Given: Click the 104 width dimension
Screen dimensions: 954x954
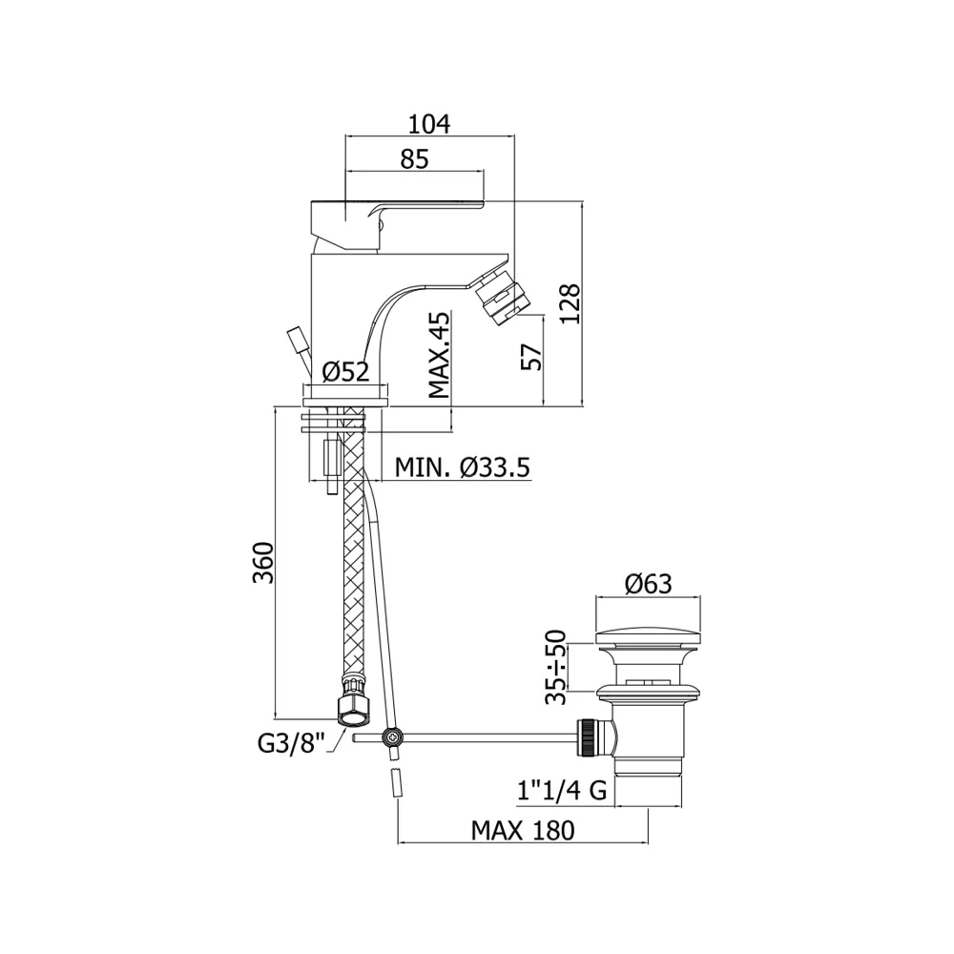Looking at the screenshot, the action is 429,124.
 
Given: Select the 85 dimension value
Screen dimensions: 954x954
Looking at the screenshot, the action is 414,159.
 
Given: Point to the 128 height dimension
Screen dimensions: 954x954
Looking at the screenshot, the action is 570,303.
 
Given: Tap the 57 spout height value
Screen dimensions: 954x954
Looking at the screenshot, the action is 531,357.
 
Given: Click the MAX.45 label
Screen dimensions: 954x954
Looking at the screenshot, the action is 439,355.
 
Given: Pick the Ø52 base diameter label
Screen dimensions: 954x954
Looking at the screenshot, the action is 345,371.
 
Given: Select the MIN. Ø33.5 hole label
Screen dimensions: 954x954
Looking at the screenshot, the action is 463,467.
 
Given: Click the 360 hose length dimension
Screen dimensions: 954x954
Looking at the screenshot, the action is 263,562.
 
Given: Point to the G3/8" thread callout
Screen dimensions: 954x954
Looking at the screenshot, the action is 292,743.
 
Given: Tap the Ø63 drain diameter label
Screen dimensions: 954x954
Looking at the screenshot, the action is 648,584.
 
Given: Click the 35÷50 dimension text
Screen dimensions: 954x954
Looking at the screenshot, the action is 555,667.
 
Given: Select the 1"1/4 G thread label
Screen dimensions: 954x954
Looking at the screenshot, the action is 562,790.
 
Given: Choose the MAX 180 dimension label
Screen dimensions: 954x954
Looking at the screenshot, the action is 523,830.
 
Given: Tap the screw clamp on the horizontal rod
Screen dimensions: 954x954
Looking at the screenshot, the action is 392,738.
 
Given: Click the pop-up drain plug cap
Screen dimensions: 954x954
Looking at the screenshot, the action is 648,637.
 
